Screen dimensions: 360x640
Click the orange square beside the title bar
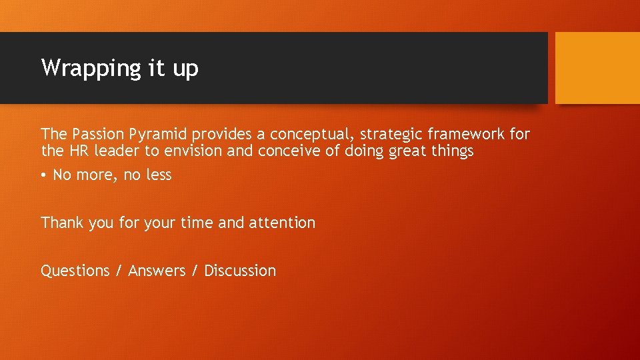(x=597, y=68)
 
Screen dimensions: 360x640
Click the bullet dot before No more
(x=44, y=175)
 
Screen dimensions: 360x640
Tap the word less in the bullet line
(x=159, y=175)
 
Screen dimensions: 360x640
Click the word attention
(x=282, y=223)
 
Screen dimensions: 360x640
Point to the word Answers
(x=157, y=271)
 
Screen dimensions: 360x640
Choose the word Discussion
(x=240, y=271)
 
